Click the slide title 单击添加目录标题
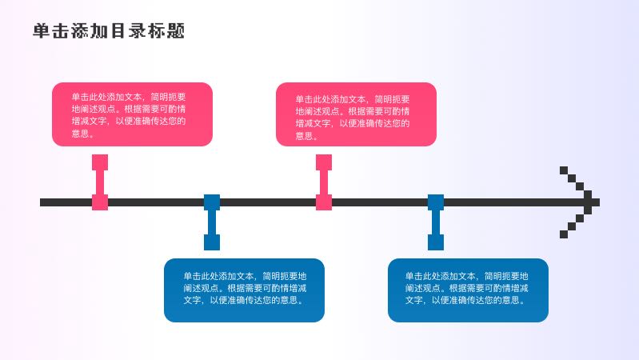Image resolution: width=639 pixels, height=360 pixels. (109, 31)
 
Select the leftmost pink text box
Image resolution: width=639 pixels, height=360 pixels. (132, 114)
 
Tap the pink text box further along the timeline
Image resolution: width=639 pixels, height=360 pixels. (356, 114)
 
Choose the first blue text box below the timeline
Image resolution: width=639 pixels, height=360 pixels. (244, 290)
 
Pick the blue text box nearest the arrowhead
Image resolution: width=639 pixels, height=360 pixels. (468, 290)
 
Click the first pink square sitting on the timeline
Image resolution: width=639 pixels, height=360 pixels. (100, 202)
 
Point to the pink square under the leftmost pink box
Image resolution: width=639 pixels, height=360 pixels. (100, 162)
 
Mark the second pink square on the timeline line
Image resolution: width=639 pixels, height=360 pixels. (324, 202)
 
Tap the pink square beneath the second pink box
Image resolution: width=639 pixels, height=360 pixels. (324, 162)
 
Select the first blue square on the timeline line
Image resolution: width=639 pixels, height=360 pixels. (212, 202)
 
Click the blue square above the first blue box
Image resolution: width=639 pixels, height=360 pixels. (212, 242)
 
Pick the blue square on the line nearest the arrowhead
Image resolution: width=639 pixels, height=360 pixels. (436, 202)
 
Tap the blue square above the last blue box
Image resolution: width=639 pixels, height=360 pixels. (436, 242)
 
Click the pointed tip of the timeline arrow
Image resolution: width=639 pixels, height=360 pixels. (597, 202)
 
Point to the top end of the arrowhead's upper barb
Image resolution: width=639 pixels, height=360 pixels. (563, 170)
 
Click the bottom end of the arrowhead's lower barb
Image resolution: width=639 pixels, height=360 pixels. (563, 234)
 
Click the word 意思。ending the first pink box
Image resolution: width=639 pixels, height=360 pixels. (82, 134)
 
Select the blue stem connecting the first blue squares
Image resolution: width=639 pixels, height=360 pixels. (212, 222)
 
